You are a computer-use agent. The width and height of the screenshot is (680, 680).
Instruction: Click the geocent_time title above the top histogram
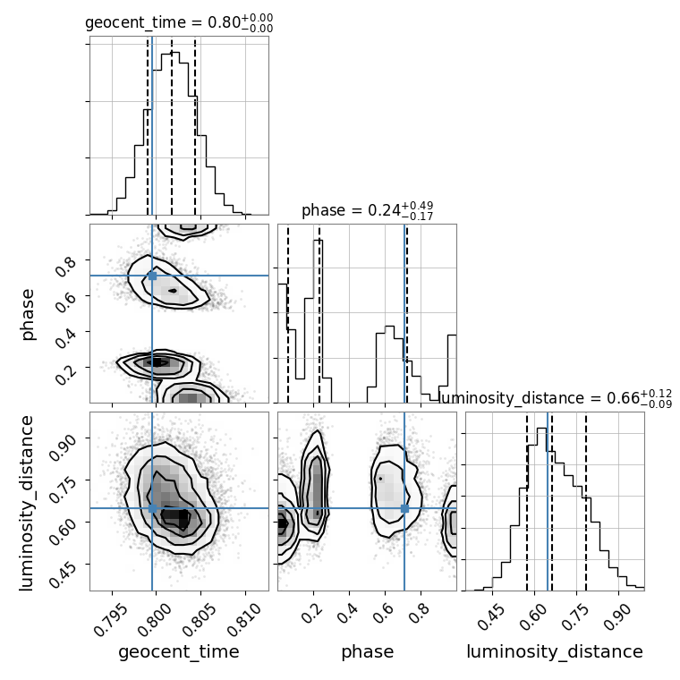click(x=179, y=22)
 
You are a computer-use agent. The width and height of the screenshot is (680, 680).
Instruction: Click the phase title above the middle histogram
click(x=367, y=210)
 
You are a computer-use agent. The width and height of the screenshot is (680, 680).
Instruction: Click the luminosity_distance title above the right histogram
click(x=556, y=398)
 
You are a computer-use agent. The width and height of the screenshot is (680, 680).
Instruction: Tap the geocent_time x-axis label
click(x=179, y=652)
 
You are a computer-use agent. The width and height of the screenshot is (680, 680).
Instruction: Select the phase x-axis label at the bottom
click(x=367, y=652)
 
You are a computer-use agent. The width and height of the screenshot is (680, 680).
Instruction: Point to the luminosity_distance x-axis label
click(x=555, y=652)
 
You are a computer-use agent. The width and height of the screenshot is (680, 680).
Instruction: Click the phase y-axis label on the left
click(x=28, y=313)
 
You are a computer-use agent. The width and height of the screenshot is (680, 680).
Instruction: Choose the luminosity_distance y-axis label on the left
click(x=28, y=501)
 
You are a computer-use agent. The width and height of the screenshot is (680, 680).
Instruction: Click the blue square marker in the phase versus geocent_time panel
click(x=152, y=276)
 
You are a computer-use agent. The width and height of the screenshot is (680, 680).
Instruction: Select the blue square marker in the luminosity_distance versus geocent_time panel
click(x=152, y=508)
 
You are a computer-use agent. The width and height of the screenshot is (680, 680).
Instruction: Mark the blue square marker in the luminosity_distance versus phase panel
click(x=404, y=508)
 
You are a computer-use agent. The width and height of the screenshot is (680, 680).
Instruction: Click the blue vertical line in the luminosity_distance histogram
click(x=548, y=501)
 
